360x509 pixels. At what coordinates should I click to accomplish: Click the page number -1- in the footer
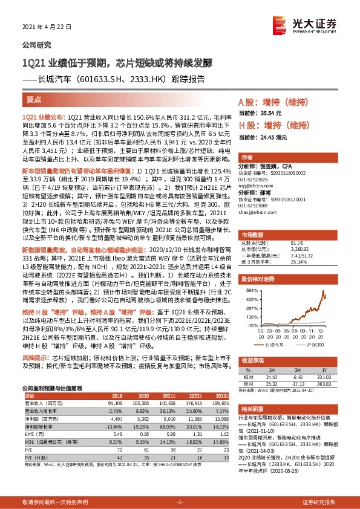[x=180, y=502]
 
